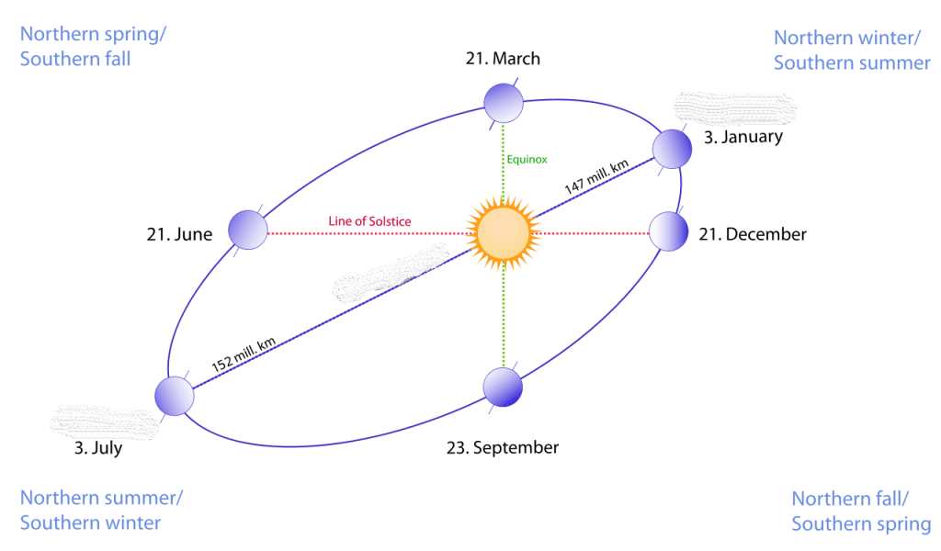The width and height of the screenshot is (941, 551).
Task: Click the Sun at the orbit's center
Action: (x=503, y=232)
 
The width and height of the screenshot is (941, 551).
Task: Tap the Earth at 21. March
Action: (x=504, y=103)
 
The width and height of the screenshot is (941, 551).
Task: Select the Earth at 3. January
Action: (x=672, y=148)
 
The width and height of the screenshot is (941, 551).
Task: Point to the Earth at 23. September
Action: (x=503, y=387)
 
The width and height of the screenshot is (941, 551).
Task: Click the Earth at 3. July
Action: (x=175, y=396)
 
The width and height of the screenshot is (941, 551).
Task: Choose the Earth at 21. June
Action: (x=247, y=230)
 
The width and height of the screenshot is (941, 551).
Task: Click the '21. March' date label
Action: (x=503, y=60)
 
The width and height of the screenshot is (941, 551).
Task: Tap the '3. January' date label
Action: (x=743, y=138)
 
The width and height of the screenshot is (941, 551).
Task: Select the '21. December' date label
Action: (x=753, y=234)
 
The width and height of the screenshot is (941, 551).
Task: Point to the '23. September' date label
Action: (x=503, y=448)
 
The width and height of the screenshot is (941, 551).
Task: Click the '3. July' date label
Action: (x=98, y=450)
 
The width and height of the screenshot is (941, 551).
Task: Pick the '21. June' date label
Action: (x=179, y=234)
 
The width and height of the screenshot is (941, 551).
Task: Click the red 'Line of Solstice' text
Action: (x=369, y=222)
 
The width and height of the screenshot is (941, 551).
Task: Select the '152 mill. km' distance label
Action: (x=244, y=354)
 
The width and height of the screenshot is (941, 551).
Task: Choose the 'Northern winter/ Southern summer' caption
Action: (x=852, y=51)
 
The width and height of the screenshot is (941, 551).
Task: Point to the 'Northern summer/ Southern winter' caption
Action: (x=101, y=511)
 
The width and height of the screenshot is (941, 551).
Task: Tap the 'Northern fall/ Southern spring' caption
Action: (x=860, y=512)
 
